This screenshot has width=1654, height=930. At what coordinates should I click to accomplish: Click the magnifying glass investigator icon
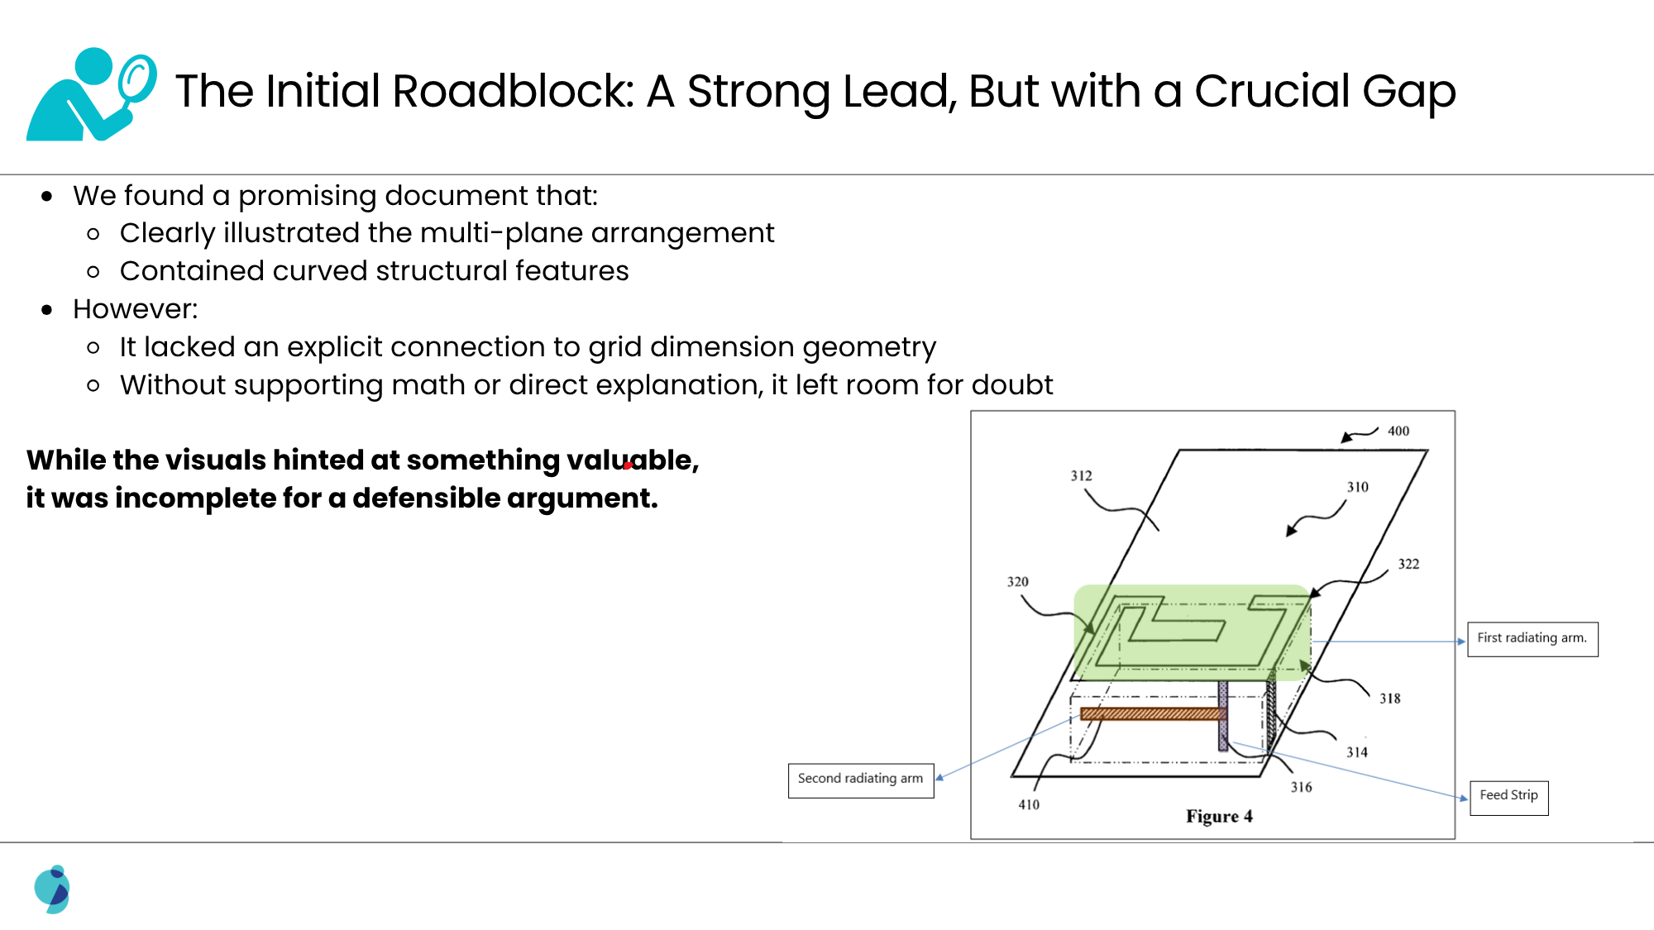coord(91,93)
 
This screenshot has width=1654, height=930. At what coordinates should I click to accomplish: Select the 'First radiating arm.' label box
coord(1532,639)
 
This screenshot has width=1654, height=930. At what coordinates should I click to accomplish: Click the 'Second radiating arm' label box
coord(860,780)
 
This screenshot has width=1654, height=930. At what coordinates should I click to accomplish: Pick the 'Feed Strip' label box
coord(1508,797)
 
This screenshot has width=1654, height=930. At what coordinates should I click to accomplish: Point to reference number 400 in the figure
coord(1398,431)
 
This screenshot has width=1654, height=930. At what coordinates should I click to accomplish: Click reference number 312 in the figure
coord(1081,475)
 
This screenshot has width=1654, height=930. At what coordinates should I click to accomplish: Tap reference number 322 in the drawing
coord(1408,564)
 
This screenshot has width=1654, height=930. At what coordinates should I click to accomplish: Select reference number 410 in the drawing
coord(1029,804)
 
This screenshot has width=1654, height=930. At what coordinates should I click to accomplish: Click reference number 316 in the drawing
coord(1301,787)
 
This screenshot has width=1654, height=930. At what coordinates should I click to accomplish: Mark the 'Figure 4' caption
coord(1219,817)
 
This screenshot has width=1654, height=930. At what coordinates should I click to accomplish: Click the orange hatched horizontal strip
coord(1150,713)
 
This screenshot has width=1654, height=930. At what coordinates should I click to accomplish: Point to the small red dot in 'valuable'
coord(628,465)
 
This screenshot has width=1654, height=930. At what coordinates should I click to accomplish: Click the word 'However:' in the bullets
coord(136,309)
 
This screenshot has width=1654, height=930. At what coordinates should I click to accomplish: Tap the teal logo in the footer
coord(53,889)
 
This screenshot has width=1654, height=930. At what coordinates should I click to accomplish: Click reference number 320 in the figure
coord(1017,581)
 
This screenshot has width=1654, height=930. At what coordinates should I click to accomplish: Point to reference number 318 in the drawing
coord(1389,699)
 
